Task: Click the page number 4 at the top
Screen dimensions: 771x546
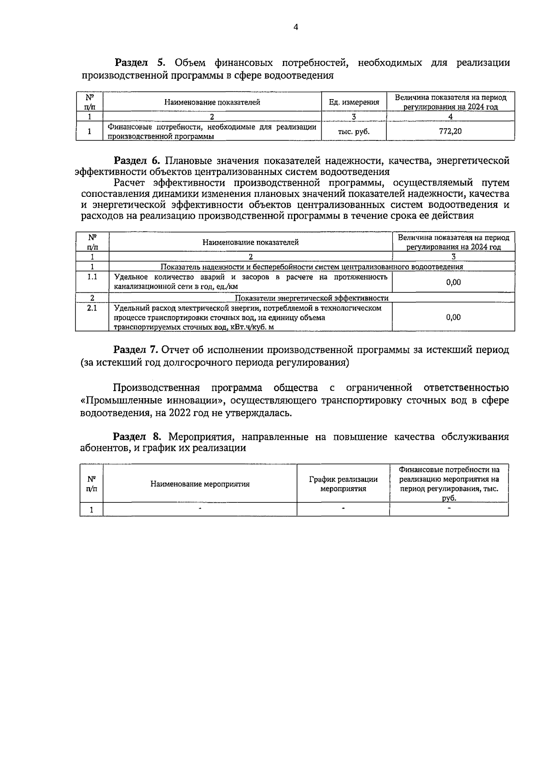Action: click(x=296, y=27)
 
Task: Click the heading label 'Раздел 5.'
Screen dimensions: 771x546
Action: click(x=141, y=63)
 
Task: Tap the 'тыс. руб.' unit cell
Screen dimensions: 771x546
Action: click(x=354, y=131)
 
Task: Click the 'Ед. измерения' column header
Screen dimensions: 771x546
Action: click(x=354, y=102)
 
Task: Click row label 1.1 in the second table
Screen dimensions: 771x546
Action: click(x=92, y=277)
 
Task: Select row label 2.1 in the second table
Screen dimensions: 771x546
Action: click(x=92, y=308)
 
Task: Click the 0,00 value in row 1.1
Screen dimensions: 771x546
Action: click(x=453, y=282)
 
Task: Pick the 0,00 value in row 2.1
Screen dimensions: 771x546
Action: click(x=453, y=317)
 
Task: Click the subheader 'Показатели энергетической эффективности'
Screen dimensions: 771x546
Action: click(x=312, y=298)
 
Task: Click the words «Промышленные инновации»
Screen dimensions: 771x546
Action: click(x=153, y=401)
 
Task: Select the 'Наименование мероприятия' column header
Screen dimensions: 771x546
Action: click(x=200, y=484)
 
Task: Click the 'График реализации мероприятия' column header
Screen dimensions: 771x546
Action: click(x=343, y=484)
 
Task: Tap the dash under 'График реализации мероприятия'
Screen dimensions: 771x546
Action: click(x=343, y=509)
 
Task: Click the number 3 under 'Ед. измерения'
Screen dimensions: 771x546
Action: click(x=354, y=116)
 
